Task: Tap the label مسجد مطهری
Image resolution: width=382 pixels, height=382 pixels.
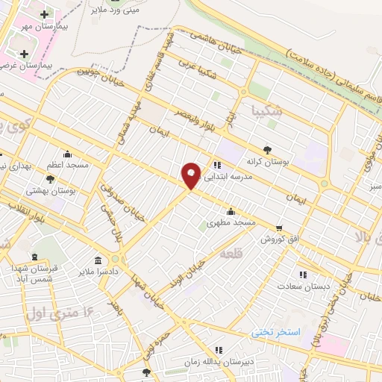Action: [231, 222]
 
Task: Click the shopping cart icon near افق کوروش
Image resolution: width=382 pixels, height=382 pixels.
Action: [279, 228]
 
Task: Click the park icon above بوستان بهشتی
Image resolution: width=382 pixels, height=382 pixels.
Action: [50, 179]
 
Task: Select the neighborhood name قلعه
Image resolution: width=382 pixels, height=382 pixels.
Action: [230, 255]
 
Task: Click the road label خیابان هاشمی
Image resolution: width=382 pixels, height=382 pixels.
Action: [212, 37]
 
